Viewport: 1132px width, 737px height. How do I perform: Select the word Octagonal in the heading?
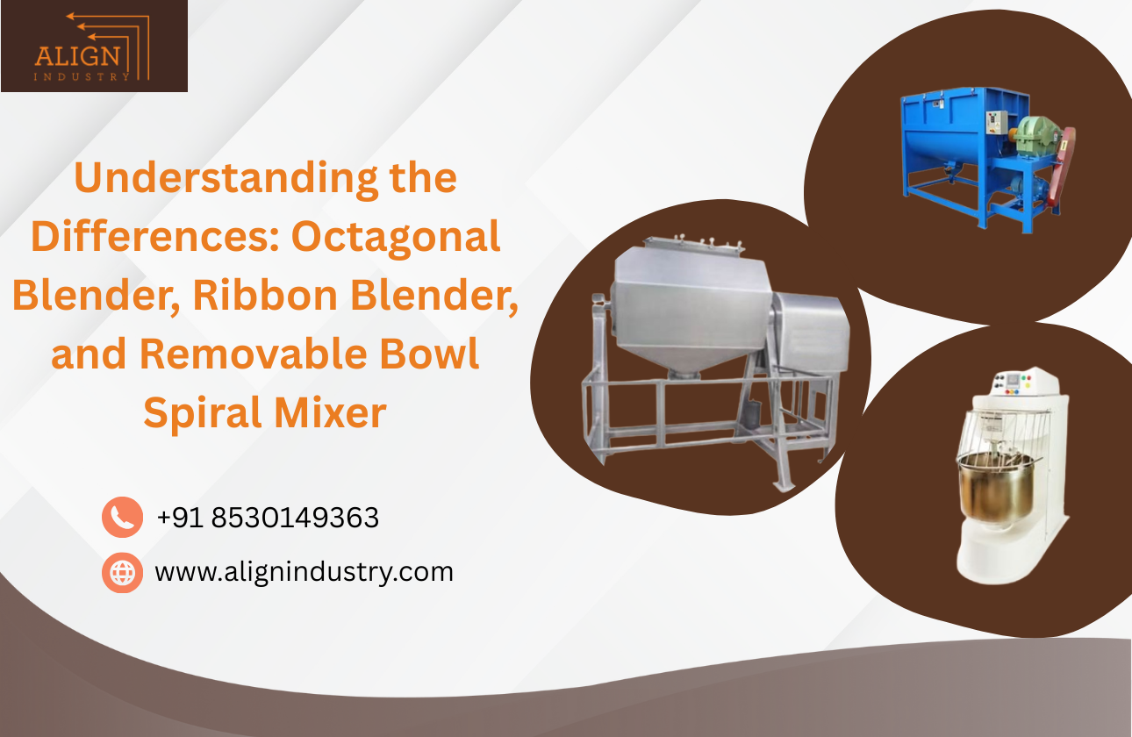(x=397, y=237)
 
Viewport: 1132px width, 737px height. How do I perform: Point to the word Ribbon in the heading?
(x=265, y=296)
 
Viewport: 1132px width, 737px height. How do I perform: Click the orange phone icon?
(x=122, y=518)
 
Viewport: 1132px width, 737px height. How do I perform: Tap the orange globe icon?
(x=122, y=572)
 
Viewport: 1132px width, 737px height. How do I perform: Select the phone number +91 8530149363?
(x=268, y=518)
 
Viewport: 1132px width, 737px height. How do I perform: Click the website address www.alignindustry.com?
(x=304, y=572)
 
